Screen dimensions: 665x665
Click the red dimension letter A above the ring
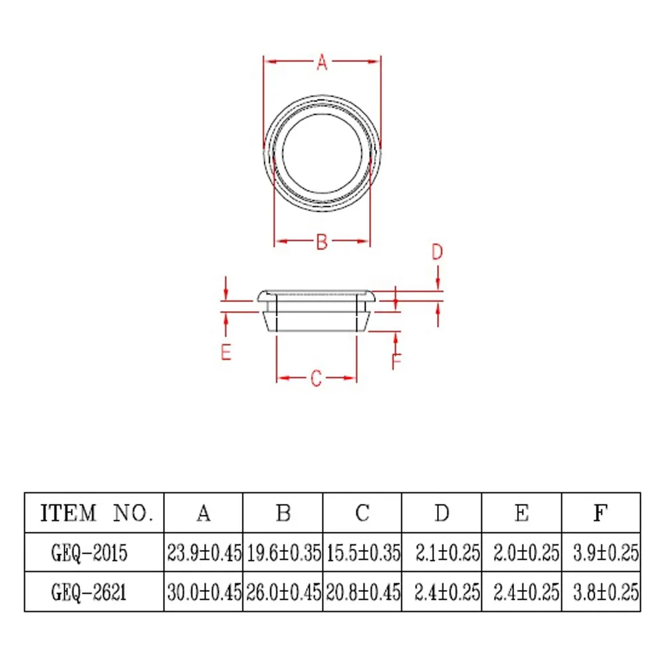click(x=322, y=63)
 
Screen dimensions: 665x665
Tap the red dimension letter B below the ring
click(x=322, y=242)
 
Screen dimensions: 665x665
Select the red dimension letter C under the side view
click(x=316, y=378)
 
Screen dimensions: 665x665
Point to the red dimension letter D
click(x=438, y=252)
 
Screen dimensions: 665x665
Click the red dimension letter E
click(x=226, y=352)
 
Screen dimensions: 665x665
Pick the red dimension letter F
click(x=396, y=361)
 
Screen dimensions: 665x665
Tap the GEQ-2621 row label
click(x=89, y=592)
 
